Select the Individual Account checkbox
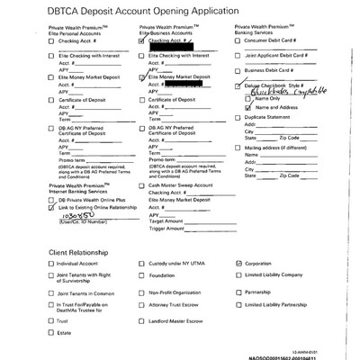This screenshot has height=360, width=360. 51,264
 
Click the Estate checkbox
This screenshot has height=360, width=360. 51,334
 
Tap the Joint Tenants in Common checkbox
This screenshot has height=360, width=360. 51,292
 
